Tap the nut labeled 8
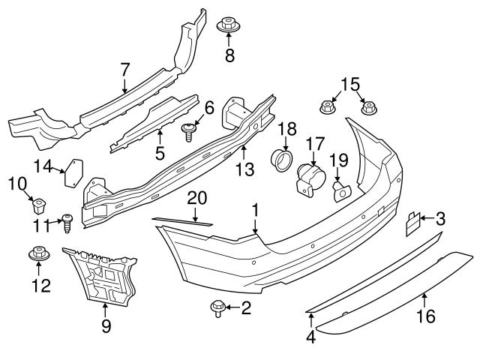(x=229, y=25)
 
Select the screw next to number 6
(x=190, y=131)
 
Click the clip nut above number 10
(x=40, y=203)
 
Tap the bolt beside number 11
(x=67, y=221)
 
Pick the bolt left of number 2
(x=218, y=307)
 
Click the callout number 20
(x=196, y=197)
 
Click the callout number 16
(x=425, y=318)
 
